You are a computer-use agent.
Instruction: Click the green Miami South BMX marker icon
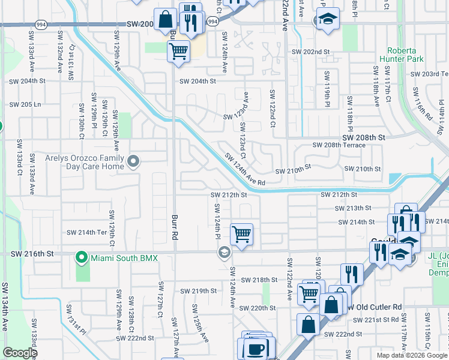click(82, 258)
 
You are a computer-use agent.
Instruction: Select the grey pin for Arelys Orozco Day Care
click(133, 161)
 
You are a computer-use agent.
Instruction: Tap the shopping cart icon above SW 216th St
click(241, 235)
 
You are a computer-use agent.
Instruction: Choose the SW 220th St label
click(256, 308)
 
